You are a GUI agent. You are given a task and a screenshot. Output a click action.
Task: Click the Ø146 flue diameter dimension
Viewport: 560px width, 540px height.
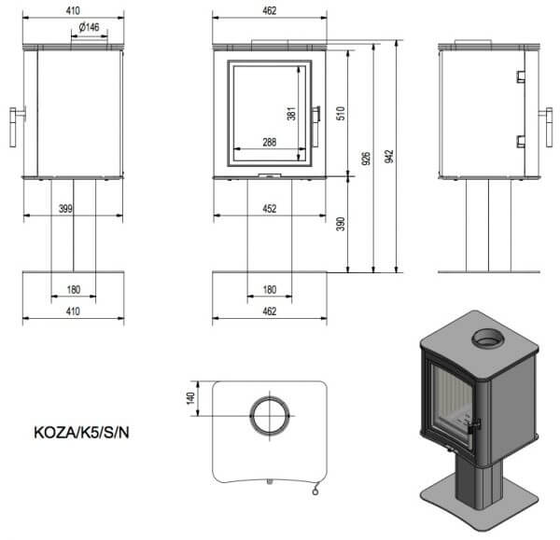pyautogui.click(x=89, y=27)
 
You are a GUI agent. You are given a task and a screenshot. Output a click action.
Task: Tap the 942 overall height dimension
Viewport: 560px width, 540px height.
pyautogui.click(x=389, y=157)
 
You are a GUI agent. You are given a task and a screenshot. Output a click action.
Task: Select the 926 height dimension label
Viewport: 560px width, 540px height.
pyautogui.click(x=366, y=159)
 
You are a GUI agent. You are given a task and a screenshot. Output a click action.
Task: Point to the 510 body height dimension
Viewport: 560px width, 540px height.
pyautogui.click(x=341, y=113)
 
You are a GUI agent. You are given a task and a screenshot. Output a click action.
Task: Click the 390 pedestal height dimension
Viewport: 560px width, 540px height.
pyautogui.click(x=341, y=224)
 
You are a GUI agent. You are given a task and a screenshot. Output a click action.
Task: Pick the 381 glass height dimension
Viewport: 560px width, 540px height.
pyautogui.click(x=291, y=114)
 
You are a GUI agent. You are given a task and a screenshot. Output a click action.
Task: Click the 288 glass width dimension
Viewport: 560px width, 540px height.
pyautogui.click(x=270, y=142)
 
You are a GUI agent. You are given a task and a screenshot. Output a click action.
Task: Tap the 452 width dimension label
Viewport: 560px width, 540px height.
pyautogui.click(x=270, y=208)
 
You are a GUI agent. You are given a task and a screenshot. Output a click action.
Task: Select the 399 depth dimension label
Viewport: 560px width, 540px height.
pyautogui.click(x=65, y=208)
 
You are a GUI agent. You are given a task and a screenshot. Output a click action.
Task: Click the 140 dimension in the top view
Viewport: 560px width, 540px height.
pyautogui.click(x=190, y=398)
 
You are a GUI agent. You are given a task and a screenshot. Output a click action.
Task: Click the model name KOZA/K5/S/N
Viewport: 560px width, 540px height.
pyautogui.click(x=81, y=433)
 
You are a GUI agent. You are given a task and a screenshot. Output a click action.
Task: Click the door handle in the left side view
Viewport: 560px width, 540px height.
pyautogui.click(x=14, y=128)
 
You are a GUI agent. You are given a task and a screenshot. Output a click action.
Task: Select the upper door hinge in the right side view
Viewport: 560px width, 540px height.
pyautogui.click(x=521, y=76)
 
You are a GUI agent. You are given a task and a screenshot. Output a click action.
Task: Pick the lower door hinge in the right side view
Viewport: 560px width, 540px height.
pyautogui.click(x=521, y=142)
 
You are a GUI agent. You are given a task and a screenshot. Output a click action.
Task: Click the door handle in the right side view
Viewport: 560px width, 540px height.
pyautogui.click(x=548, y=128)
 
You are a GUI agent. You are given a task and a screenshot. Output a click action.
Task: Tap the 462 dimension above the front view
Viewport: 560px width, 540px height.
pyautogui.click(x=270, y=10)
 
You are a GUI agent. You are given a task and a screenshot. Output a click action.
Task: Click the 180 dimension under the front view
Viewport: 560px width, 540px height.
pyautogui.click(x=270, y=289)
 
